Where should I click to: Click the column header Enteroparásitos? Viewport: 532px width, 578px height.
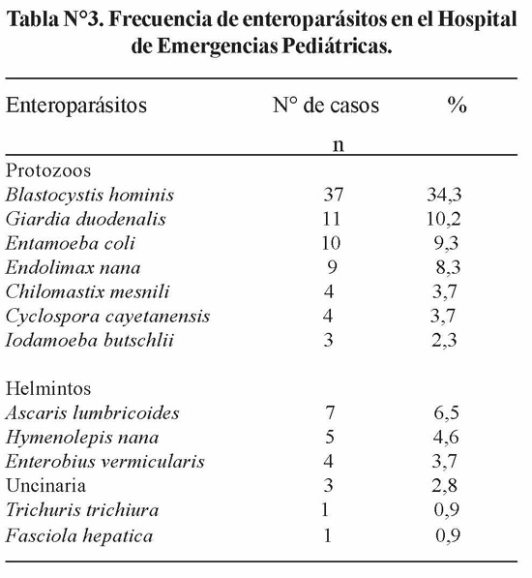tap(76, 106)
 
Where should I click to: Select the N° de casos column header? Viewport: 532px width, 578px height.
tap(326, 106)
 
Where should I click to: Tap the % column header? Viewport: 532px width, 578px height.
tap(458, 106)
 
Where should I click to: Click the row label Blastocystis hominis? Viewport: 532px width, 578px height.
tap(89, 195)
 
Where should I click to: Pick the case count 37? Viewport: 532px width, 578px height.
tap(333, 195)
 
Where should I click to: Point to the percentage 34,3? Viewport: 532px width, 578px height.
tap(444, 195)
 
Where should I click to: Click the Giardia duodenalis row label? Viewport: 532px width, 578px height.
tap(86, 219)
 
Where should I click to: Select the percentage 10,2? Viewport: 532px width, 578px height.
tap(444, 220)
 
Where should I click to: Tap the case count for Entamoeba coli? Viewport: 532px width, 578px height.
tap(331, 243)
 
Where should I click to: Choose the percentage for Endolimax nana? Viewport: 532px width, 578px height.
tap(448, 267)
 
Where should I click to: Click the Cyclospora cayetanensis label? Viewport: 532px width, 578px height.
tap(107, 317)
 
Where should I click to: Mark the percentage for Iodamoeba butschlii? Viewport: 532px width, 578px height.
tap(444, 340)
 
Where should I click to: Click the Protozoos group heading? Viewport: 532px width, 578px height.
tap(48, 170)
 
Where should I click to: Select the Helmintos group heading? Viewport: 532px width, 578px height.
tap(48, 388)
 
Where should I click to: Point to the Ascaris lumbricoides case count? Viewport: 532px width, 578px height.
tap(330, 412)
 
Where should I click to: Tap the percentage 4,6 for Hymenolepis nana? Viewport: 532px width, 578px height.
tap(446, 438)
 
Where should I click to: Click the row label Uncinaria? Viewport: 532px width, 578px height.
tap(45, 485)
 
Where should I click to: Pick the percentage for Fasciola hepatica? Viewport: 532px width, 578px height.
tap(448, 535)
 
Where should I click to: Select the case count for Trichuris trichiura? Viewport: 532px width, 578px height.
tap(325, 510)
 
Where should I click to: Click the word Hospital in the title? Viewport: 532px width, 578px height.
tap(478, 20)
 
